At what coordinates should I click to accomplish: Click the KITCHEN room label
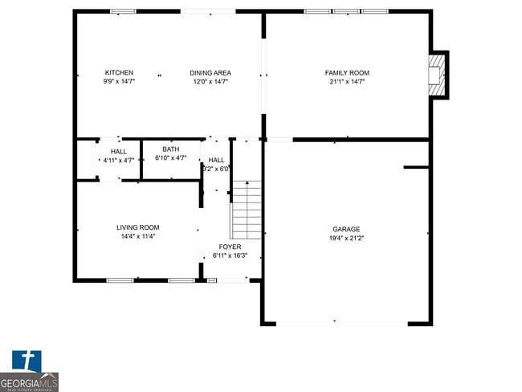pyautogui.click(x=119, y=73)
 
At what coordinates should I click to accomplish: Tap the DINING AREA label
pyautogui.click(x=210, y=73)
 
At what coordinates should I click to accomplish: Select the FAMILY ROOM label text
pyautogui.click(x=347, y=73)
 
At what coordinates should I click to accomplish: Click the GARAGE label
pyautogui.click(x=347, y=229)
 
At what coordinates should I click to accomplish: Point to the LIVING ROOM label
pyautogui.click(x=138, y=227)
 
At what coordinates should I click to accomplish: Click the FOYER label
pyautogui.click(x=230, y=247)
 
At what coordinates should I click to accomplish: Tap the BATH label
pyautogui.click(x=171, y=149)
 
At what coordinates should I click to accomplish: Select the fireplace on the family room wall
pyautogui.click(x=438, y=75)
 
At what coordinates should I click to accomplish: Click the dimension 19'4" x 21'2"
pyautogui.click(x=347, y=238)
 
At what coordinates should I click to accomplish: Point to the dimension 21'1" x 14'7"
pyautogui.click(x=347, y=82)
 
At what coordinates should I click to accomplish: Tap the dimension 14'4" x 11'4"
pyautogui.click(x=138, y=236)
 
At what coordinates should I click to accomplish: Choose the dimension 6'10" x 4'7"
pyautogui.click(x=171, y=158)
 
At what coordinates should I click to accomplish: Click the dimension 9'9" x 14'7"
pyautogui.click(x=119, y=82)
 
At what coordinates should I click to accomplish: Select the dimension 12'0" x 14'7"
pyautogui.click(x=210, y=82)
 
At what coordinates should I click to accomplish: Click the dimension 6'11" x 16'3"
pyautogui.click(x=230, y=255)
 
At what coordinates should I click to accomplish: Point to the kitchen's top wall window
pyautogui.click(x=123, y=11)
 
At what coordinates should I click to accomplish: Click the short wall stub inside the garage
pyautogui.click(x=416, y=167)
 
